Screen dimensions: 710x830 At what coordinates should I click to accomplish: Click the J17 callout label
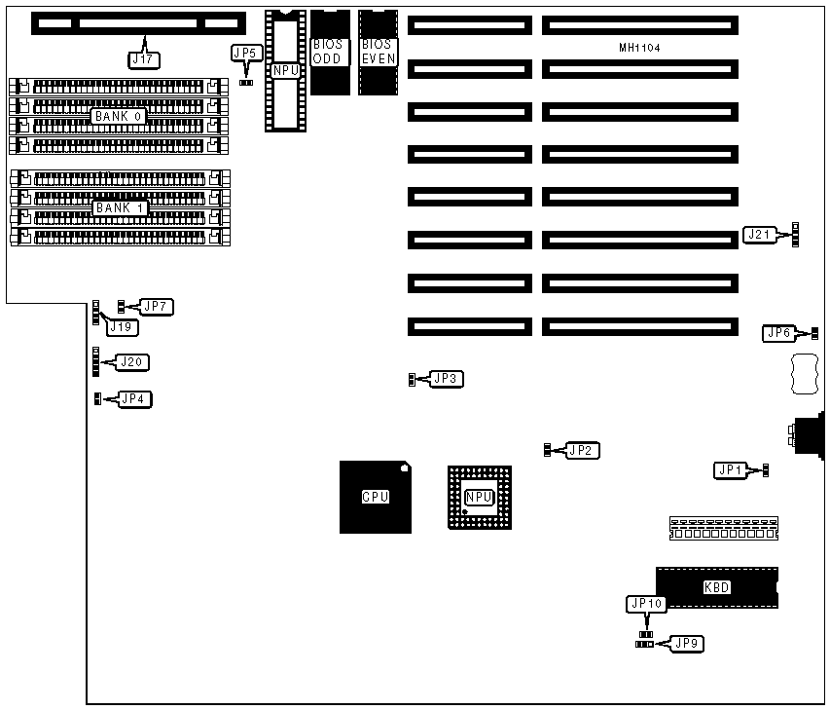tap(143, 58)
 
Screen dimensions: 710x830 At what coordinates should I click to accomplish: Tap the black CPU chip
tap(376, 497)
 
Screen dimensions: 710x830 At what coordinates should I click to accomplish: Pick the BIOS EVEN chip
tap(377, 52)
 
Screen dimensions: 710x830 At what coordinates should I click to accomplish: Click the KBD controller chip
tap(716, 587)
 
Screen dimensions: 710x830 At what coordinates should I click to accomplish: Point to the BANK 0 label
tap(119, 116)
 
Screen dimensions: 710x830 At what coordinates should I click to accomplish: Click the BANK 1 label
tap(119, 208)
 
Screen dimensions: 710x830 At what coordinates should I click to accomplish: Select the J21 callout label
tap(759, 234)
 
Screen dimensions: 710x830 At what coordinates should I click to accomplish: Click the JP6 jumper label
tap(779, 333)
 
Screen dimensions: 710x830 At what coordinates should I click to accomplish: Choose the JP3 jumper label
tap(445, 378)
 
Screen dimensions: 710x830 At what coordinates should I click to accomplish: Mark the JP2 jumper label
tap(582, 450)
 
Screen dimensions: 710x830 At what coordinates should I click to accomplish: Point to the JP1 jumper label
tap(730, 470)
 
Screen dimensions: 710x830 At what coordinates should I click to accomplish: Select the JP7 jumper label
tap(156, 307)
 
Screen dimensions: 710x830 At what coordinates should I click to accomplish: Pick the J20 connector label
tap(133, 362)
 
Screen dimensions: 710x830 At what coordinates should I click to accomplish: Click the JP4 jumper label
tap(135, 398)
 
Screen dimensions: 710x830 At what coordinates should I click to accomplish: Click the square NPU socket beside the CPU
tap(479, 497)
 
